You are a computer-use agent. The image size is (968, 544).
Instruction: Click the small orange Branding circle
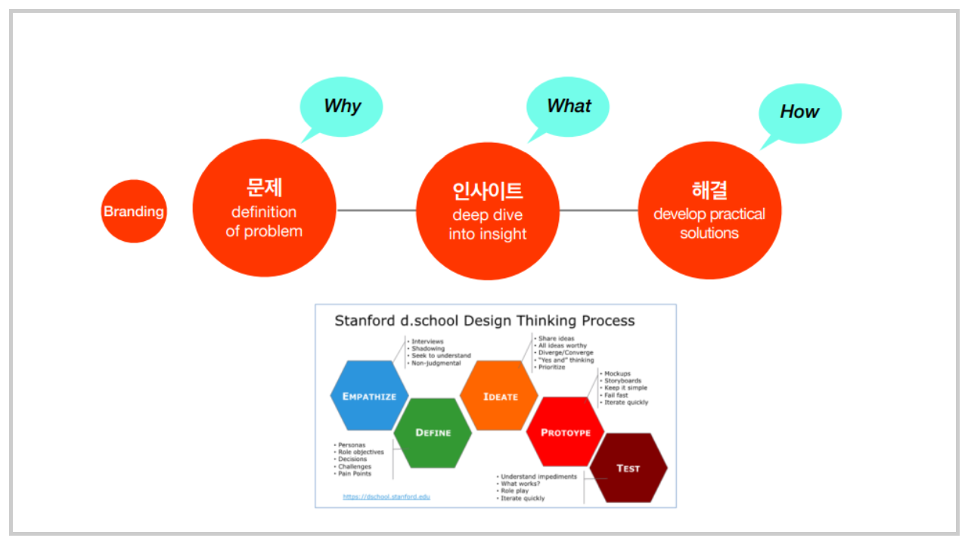tap(134, 212)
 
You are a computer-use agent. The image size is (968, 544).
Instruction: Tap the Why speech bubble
tap(342, 107)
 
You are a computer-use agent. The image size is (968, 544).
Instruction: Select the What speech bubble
tap(568, 107)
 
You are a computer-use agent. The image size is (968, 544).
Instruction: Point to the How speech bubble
tap(799, 112)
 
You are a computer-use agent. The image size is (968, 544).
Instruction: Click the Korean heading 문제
tap(264, 187)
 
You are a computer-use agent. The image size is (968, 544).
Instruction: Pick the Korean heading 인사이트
tap(488, 190)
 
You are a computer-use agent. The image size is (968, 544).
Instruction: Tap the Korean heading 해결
tap(709, 190)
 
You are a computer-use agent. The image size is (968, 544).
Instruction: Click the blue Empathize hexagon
tap(369, 396)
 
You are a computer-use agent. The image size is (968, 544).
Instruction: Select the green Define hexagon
tap(433, 432)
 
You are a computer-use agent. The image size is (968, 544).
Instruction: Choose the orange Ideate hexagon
tap(500, 396)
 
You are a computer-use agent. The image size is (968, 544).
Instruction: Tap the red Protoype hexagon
tap(566, 432)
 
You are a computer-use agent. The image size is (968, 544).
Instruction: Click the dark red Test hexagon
tap(628, 468)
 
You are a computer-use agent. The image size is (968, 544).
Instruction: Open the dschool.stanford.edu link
tap(386, 496)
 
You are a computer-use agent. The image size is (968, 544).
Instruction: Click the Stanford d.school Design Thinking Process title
tap(485, 321)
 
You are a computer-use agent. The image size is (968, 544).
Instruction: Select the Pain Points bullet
tap(355, 474)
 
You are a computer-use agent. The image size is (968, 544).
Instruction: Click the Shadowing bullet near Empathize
tap(428, 348)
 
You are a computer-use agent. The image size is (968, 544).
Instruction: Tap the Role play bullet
tap(514, 491)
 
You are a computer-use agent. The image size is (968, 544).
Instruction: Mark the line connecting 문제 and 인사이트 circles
tap(377, 210)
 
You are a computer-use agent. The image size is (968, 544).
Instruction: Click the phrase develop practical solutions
tap(709, 224)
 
